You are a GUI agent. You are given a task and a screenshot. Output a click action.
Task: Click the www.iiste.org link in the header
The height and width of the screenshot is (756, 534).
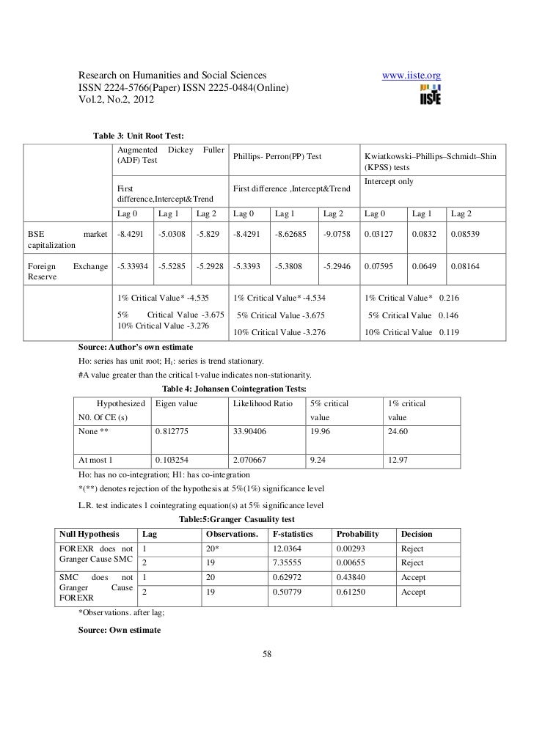[x=412, y=76]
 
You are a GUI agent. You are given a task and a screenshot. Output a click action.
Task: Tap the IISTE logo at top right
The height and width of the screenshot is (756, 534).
[x=429, y=96]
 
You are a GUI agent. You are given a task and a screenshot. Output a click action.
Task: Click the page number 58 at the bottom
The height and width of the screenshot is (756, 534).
[x=267, y=653]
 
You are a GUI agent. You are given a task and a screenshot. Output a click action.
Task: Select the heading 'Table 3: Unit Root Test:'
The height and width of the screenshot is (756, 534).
[x=138, y=136]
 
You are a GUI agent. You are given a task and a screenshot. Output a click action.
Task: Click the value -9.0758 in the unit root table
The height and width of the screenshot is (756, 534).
[x=337, y=235]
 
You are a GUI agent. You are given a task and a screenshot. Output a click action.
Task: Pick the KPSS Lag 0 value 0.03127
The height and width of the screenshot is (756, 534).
[x=378, y=235]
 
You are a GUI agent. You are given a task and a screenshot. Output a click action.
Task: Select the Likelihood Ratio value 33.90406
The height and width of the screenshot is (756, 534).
[x=254, y=430]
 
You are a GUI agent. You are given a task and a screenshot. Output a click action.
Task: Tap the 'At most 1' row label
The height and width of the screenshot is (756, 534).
[x=95, y=460]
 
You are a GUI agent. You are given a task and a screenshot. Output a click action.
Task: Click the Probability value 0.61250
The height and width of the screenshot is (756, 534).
[x=351, y=592]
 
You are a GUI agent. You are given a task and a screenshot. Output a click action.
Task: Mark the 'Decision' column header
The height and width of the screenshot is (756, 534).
[x=417, y=534]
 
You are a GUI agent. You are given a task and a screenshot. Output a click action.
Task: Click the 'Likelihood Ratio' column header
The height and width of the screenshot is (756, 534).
[x=263, y=403]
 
